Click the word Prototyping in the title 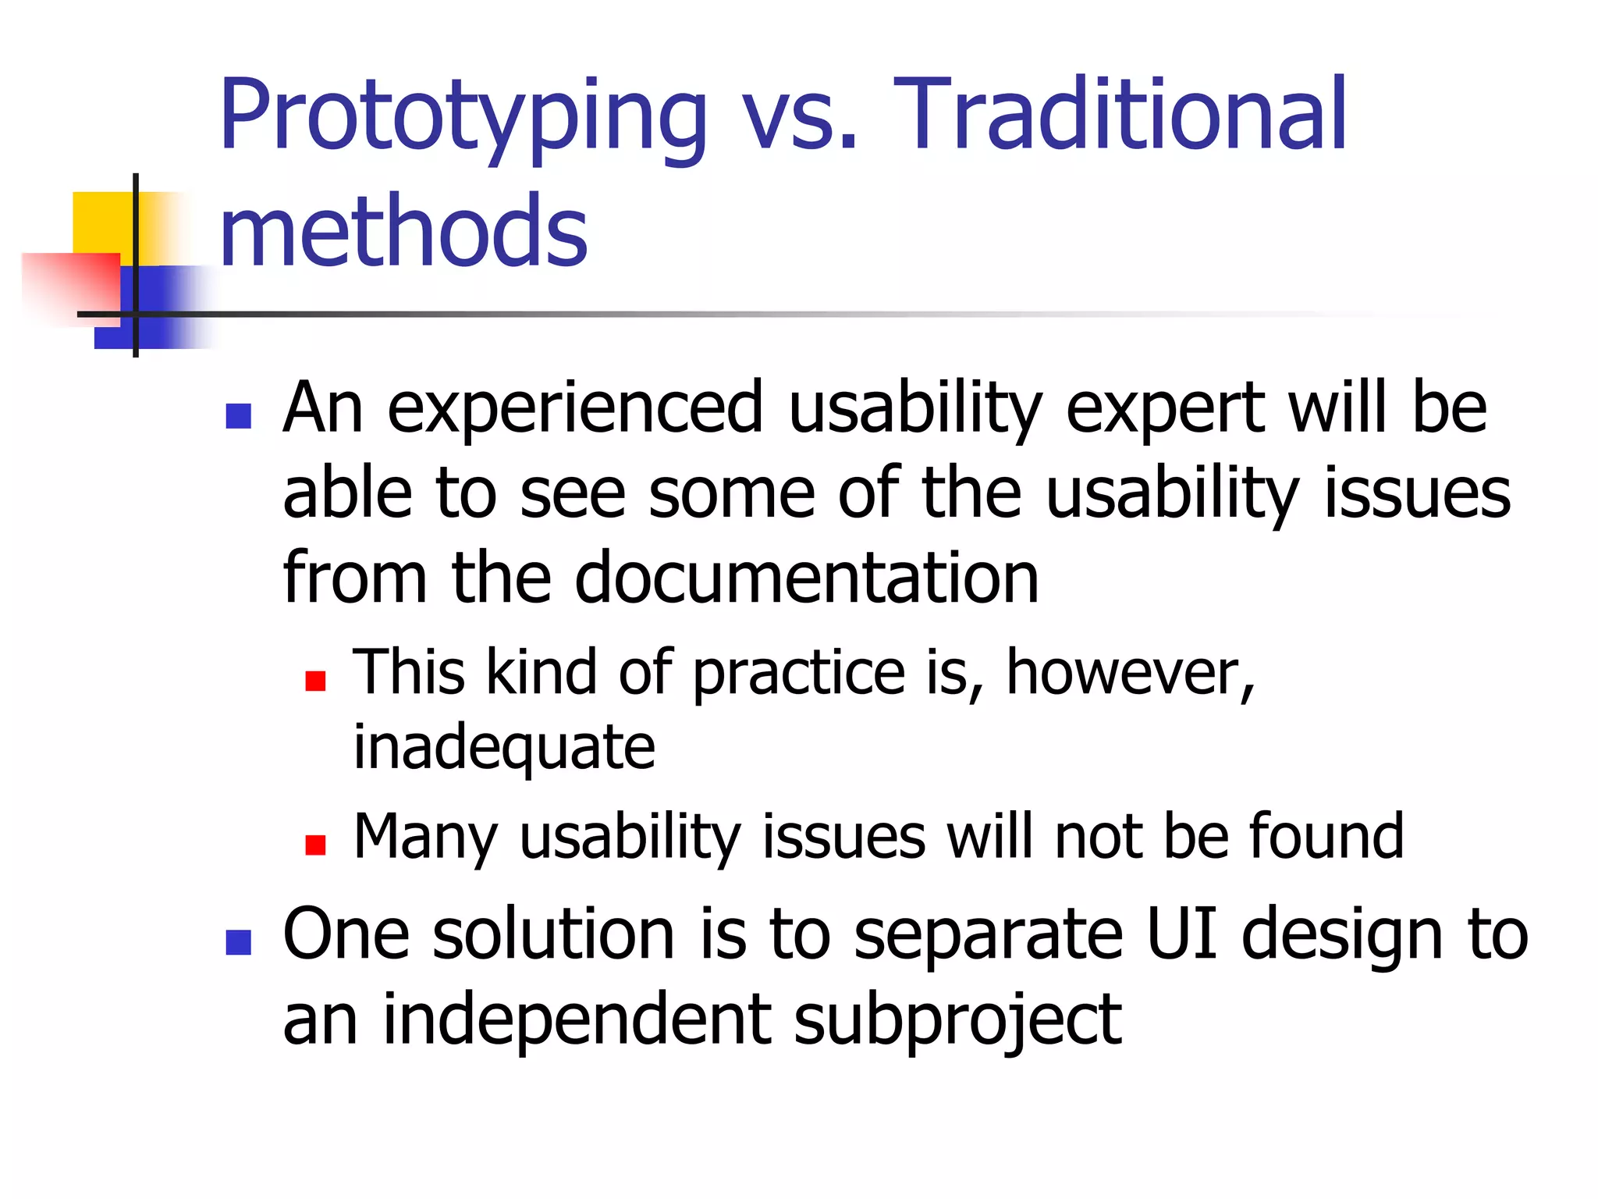coord(462,117)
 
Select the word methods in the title coord(403,231)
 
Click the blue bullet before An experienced coord(238,416)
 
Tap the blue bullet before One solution coord(238,942)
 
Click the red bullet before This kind coord(315,681)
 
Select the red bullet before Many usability coord(315,845)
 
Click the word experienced coord(575,407)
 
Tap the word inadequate coord(504,747)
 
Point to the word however coord(1129,672)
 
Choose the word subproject coord(957,1021)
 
